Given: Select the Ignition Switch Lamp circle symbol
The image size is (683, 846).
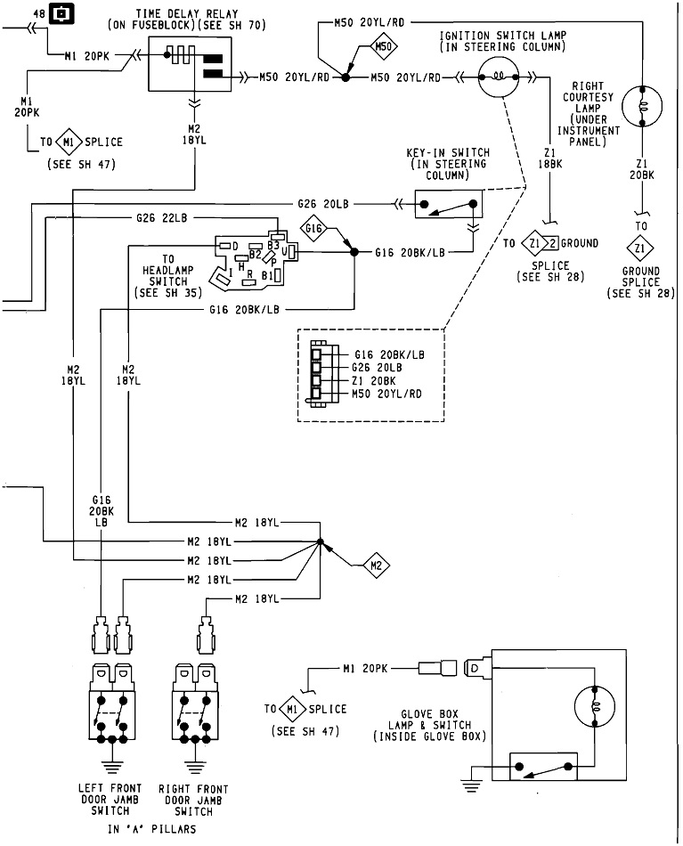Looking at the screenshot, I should point(499,78).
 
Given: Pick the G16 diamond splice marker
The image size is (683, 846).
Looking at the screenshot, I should point(313,230).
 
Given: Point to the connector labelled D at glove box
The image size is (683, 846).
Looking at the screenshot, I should point(475,667).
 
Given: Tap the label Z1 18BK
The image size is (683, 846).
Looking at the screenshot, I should point(551,158).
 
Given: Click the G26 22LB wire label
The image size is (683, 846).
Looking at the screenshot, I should point(162,218).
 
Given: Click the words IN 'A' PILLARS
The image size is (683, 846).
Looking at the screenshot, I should point(151,828).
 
